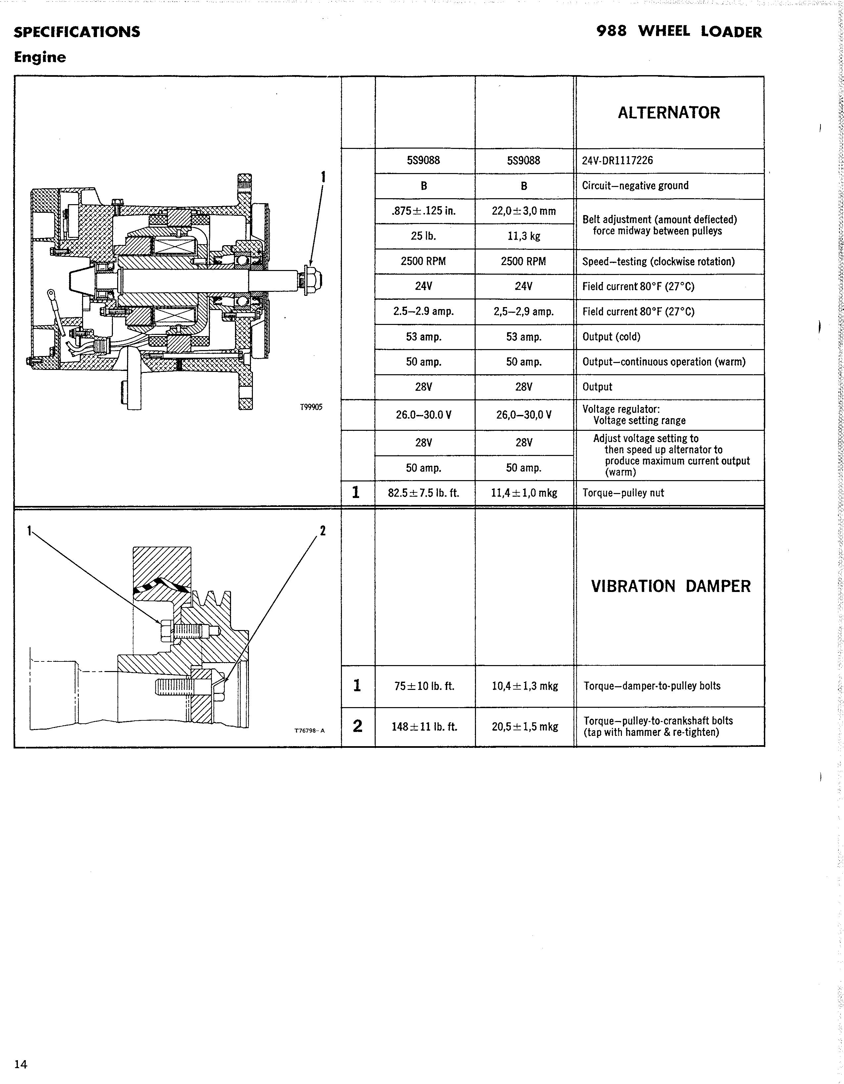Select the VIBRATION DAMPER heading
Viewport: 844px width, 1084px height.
(x=670, y=586)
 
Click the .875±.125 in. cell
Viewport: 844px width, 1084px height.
(x=424, y=211)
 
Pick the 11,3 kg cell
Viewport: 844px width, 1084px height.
(x=524, y=236)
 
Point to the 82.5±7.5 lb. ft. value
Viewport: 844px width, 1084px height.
(x=424, y=493)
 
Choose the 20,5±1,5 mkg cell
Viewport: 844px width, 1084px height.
(x=525, y=727)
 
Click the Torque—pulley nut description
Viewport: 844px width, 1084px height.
(x=623, y=493)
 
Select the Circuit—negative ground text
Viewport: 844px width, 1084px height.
(x=635, y=186)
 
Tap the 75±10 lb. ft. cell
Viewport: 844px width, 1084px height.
(x=424, y=686)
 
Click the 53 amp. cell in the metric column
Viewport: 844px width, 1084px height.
(x=524, y=337)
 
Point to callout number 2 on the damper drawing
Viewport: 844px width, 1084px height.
(x=323, y=531)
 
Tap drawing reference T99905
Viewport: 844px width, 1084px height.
(x=311, y=407)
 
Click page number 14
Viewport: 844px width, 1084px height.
(x=21, y=1064)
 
